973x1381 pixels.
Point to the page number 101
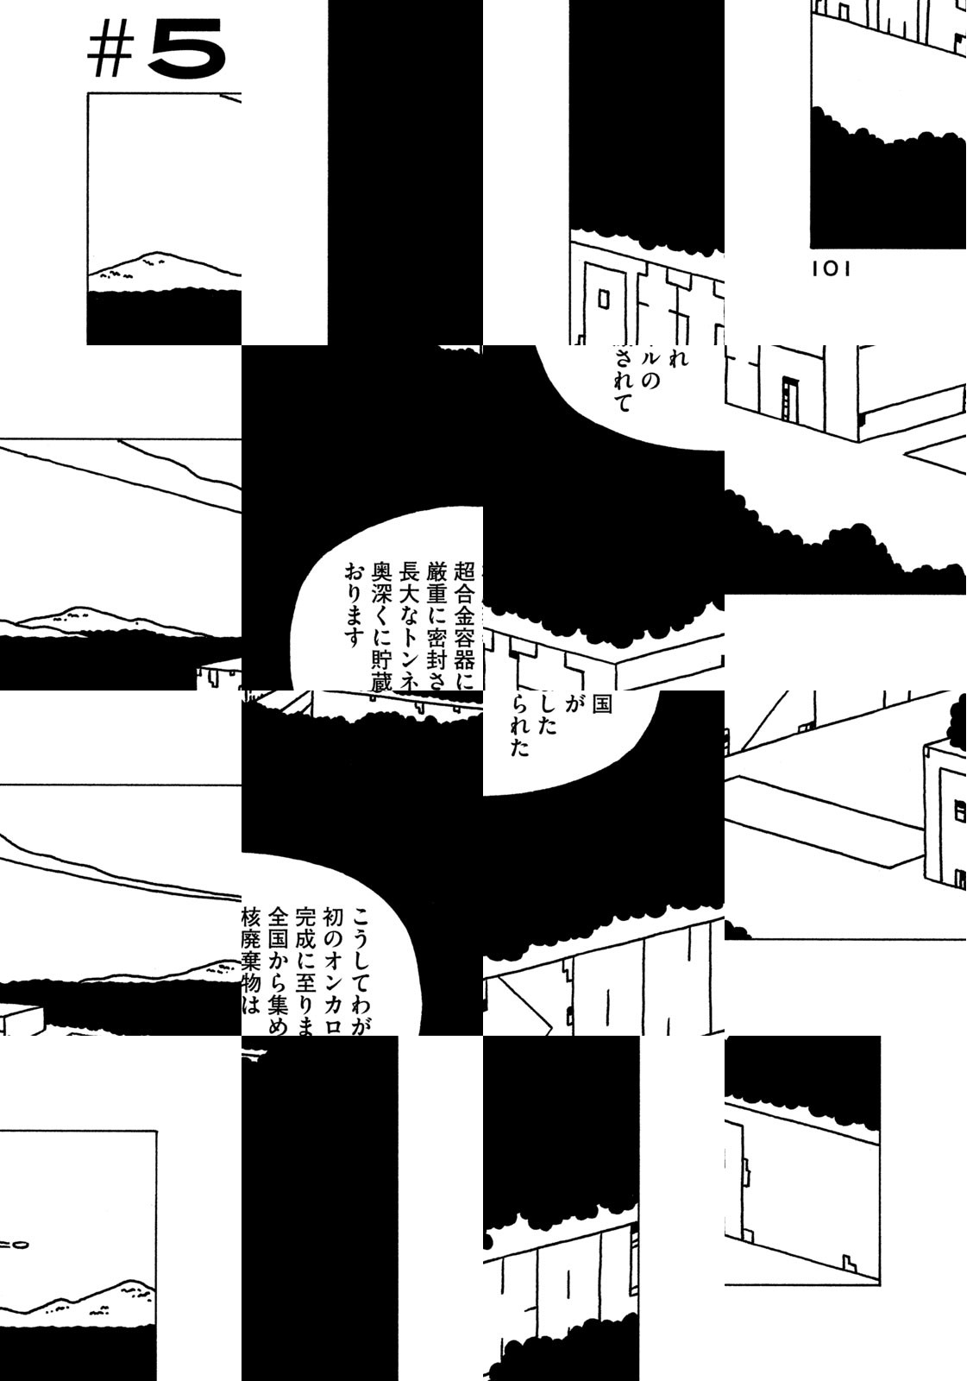click(831, 269)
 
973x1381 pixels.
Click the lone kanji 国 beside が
click(601, 704)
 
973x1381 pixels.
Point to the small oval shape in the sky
click(19, 1245)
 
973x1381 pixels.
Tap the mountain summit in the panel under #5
click(154, 255)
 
